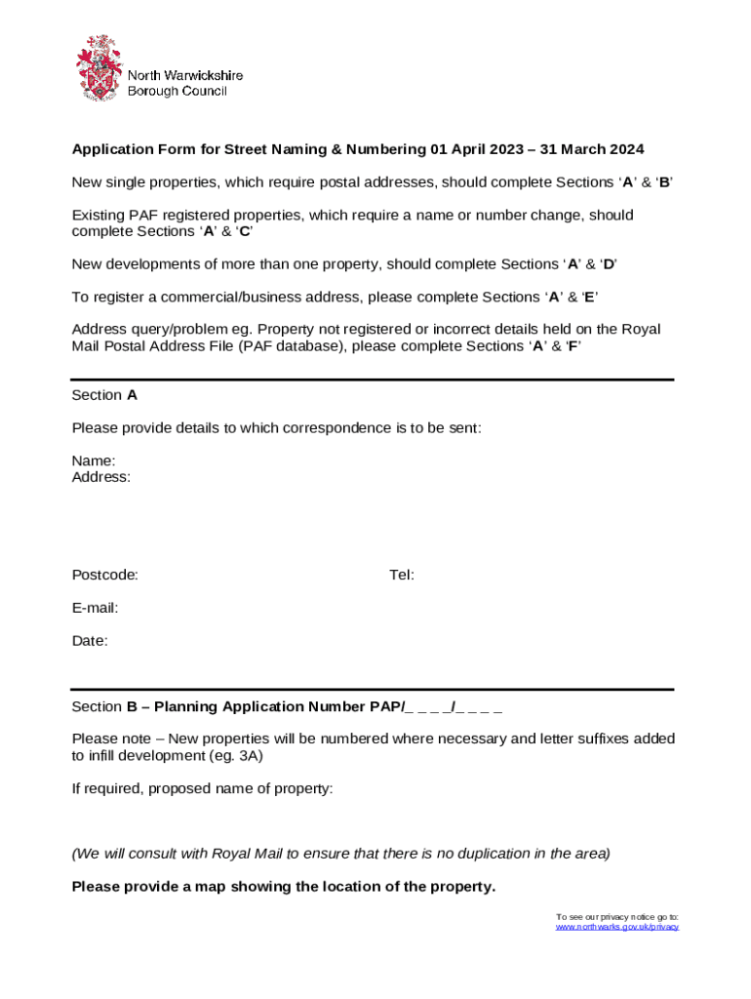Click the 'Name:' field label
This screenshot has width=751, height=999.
click(94, 460)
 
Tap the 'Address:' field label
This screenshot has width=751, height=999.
click(101, 477)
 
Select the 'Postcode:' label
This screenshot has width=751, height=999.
click(104, 575)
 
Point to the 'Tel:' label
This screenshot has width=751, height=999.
click(402, 575)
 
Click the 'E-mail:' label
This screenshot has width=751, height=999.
click(95, 608)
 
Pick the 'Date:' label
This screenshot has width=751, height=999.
click(90, 641)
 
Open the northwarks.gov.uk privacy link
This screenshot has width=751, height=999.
click(616, 927)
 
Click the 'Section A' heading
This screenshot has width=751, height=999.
click(104, 395)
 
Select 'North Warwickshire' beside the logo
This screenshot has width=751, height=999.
click(185, 75)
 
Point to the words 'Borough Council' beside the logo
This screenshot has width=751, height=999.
click(178, 91)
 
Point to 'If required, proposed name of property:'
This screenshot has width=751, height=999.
click(202, 788)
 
